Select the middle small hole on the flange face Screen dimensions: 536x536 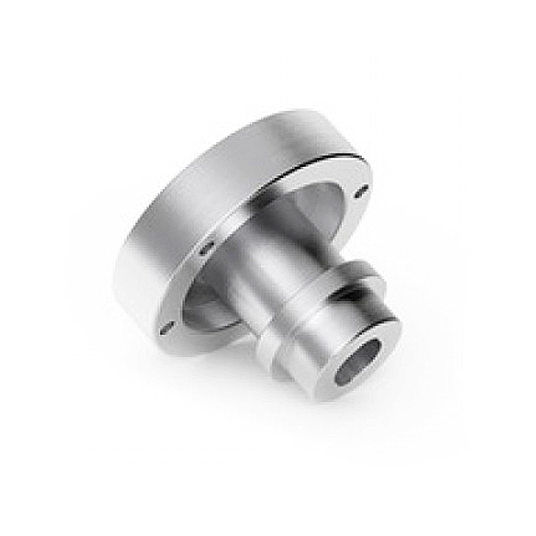[x=205, y=248]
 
